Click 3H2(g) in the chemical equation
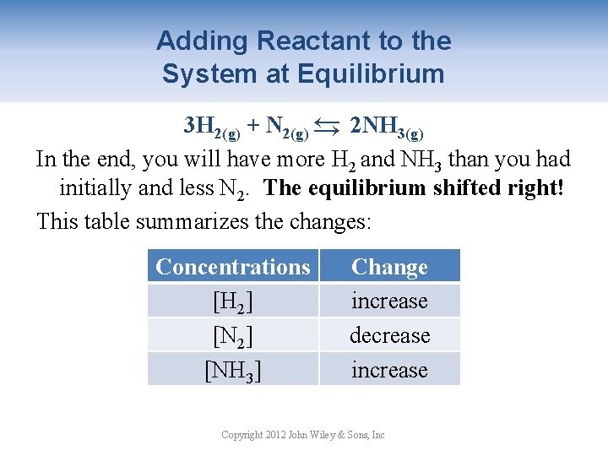[x=212, y=128]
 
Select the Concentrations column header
[x=233, y=267]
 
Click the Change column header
[x=389, y=267]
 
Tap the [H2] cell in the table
[x=233, y=301]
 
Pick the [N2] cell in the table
[x=233, y=335]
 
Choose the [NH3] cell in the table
[x=233, y=370]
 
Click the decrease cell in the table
[x=389, y=335]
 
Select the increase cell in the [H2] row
[x=389, y=301]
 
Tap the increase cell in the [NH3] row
[x=389, y=370]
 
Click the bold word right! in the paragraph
[x=534, y=187]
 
